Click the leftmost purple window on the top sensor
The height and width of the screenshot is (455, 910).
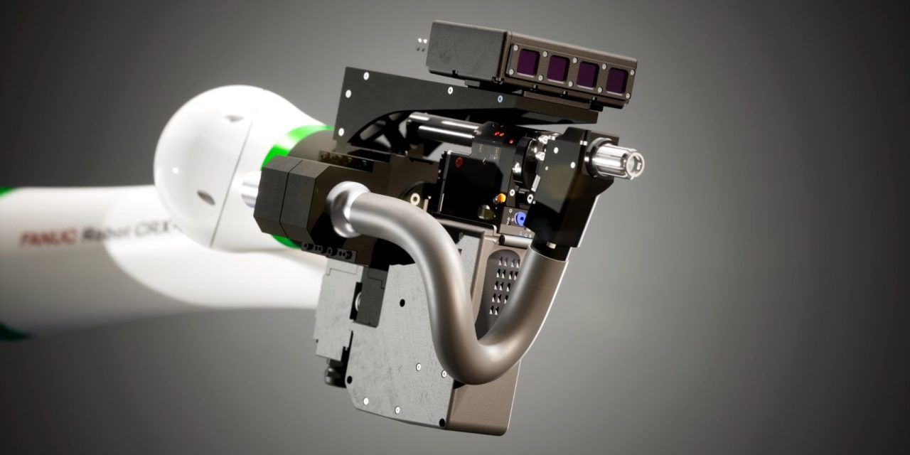528,63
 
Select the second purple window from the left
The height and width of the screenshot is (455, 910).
557,68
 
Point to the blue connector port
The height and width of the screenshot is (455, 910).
520,219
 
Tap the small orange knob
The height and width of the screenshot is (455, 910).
501,198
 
